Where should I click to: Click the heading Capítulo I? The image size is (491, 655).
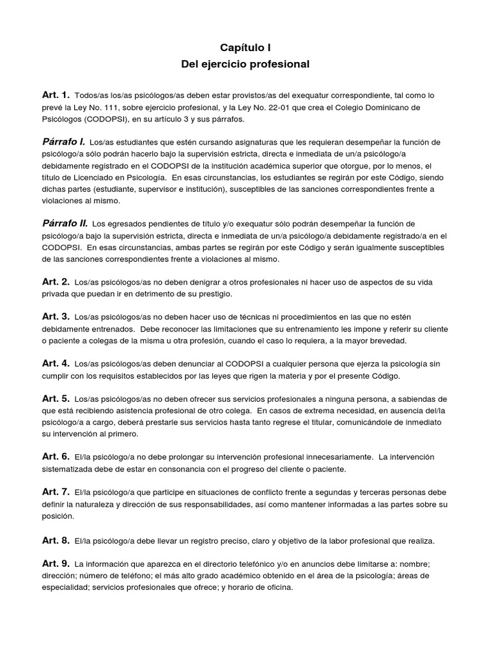coord(245,47)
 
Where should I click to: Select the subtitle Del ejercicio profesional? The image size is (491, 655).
coord(245,65)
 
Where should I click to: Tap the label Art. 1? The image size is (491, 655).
coord(56,95)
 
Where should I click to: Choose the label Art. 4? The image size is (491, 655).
coord(56,363)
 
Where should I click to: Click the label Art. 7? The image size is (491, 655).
coord(56,491)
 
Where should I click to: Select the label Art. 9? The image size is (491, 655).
coord(56,564)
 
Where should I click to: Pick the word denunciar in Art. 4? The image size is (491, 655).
coord(173,363)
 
